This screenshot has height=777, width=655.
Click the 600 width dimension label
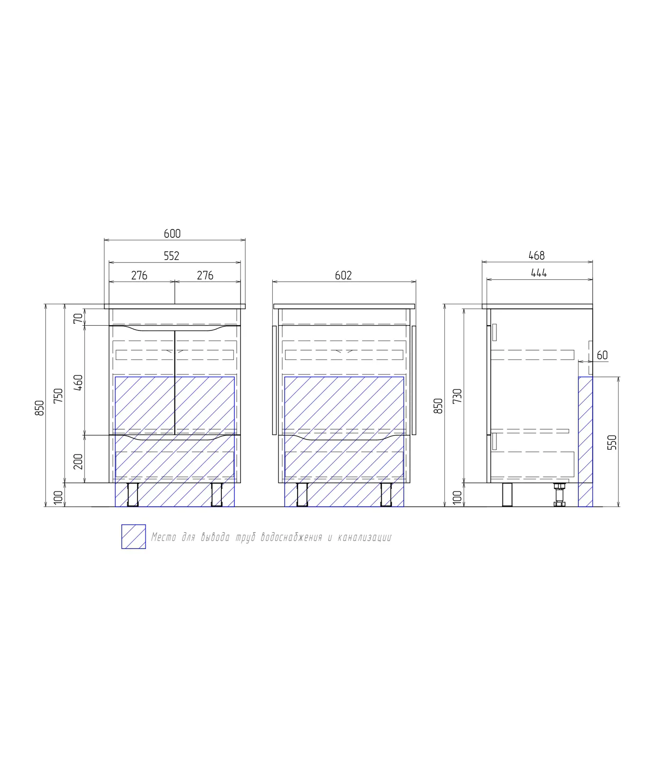(x=172, y=234)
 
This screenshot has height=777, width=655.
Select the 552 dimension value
(x=172, y=256)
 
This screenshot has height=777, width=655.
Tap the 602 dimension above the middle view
(x=343, y=276)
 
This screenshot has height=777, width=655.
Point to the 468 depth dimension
(x=537, y=256)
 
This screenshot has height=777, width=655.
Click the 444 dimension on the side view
(x=539, y=273)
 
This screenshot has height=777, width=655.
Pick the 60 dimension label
(x=602, y=355)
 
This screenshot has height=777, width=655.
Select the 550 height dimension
(x=612, y=442)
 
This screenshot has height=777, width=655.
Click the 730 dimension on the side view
(x=458, y=396)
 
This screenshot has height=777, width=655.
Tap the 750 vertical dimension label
(x=58, y=396)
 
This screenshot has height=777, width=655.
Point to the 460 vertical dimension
(x=79, y=383)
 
